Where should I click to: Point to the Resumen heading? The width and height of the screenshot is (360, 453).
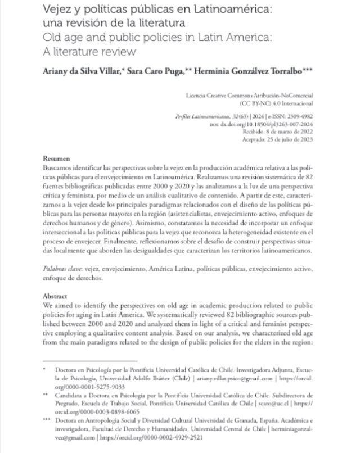[x=57, y=159]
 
